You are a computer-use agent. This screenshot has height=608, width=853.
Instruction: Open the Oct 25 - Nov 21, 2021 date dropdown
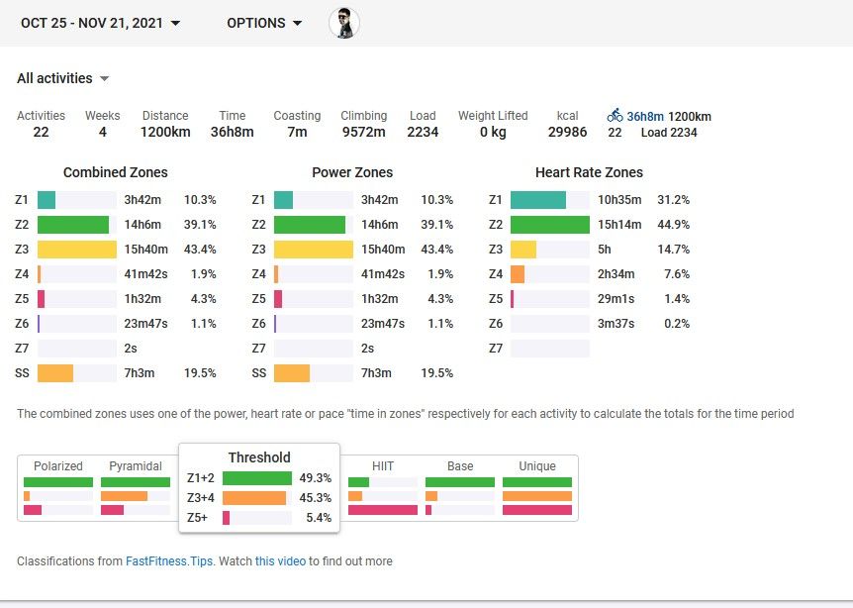tap(100, 23)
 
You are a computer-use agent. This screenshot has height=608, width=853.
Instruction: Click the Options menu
tap(264, 23)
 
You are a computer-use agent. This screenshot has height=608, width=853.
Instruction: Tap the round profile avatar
tap(344, 23)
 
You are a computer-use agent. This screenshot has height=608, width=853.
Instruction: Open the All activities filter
tap(63, 78)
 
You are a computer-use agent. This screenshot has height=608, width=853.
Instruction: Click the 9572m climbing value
tap(363, 132)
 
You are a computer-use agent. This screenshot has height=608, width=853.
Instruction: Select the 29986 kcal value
tap(567, 132)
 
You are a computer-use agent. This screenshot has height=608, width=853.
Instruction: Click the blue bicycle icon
tap(616, 116)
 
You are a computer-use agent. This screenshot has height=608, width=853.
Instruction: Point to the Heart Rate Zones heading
tap(589, 172)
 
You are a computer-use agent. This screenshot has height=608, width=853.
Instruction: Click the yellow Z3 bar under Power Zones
tap(313, 250)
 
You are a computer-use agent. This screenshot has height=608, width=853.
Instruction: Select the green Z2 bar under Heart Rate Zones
tap(549, 225)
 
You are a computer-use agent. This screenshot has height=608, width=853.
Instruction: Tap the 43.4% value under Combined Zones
tap(200, 250)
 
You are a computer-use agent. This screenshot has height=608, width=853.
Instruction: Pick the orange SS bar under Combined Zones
tap(55, 373)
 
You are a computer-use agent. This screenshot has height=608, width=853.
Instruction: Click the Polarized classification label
tap(58, 466)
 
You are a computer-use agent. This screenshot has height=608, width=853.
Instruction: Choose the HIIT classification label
tap(383, 466)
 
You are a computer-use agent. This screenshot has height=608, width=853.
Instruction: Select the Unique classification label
tap(537, 466)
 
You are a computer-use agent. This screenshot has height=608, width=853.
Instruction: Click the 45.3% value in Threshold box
tap(316, 498)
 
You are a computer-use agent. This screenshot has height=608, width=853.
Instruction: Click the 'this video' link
tap(280, 561)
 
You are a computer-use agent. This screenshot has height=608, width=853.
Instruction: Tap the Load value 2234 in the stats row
tap(423, 132)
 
